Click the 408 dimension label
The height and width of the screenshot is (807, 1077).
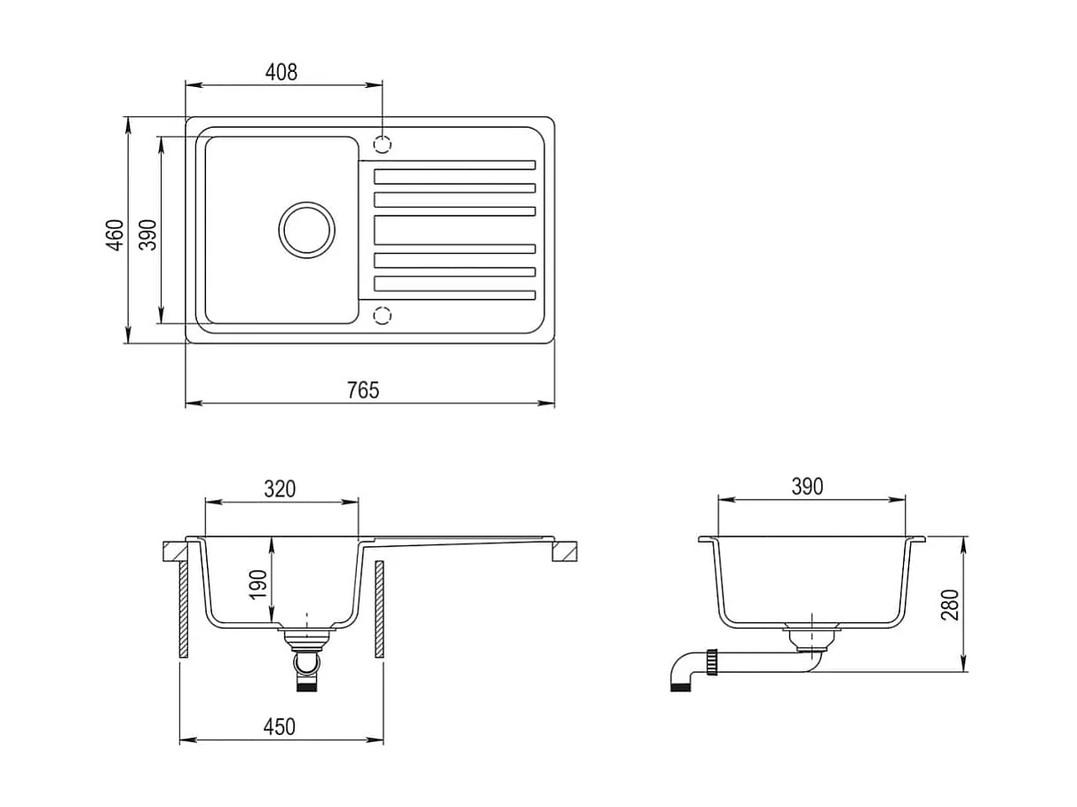click(281, 73)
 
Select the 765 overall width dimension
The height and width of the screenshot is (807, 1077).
click(362, 390)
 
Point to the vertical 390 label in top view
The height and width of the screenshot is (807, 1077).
click(147, 234)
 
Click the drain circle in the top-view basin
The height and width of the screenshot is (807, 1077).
click(306, 229)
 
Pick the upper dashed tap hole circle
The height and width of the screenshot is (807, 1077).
click(382, 144)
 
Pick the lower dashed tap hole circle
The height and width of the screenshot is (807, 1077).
click(382, 314)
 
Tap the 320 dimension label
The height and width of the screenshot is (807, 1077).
click(280, 488)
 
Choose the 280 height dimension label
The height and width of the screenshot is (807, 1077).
click(949, 605)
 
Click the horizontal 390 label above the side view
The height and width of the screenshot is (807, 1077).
click(806, 487)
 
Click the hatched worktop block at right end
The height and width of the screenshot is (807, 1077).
click(564, 552)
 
